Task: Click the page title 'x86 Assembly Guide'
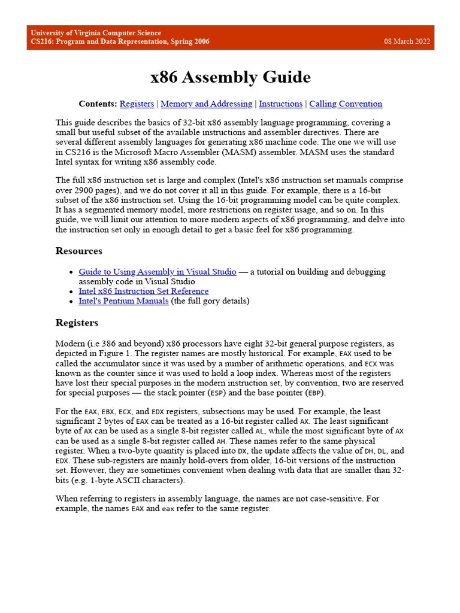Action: click(x=230, y=77)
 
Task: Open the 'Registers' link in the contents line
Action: click(x=137, y=104)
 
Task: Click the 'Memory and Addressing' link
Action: click(x=206, y=104)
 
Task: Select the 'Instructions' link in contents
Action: click(x=280, y=104)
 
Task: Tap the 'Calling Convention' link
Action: click(x=346, y=104)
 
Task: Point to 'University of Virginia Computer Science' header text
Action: click(x=96, y=33)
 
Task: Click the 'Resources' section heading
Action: click(x=78, y=251)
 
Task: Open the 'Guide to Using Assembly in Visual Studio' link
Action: click(x=158, y=272)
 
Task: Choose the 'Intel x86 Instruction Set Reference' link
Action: click(x=144, y=291)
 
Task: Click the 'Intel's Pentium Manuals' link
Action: click(x=123, y=301)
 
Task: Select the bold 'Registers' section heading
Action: click(x=77, y=323)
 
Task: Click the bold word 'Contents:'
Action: click(x=98, y=104)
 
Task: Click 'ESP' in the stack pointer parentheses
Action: click(x=216, y=393)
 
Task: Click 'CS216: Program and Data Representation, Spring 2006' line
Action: click(x=120, y=42)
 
